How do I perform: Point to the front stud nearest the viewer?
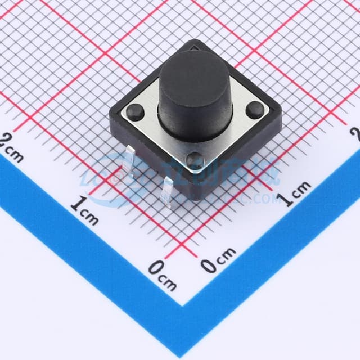(195, 160)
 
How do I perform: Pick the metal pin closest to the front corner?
(167, 191)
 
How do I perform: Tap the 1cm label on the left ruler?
(84, 209)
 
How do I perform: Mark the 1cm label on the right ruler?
(296, 193)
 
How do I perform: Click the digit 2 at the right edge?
(354, 134)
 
